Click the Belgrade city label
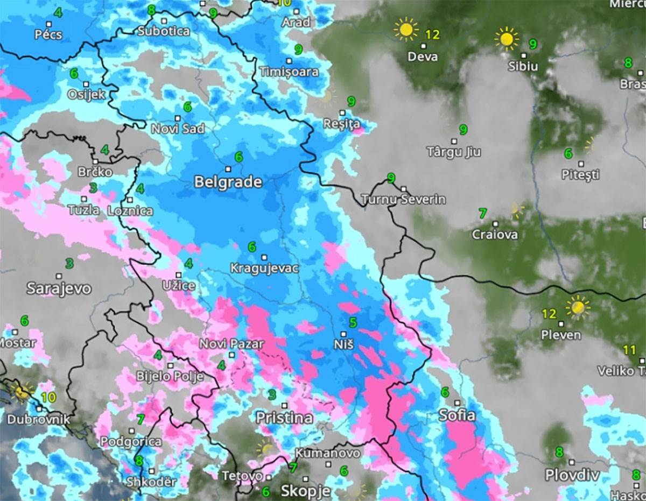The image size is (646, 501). tap(228, 182)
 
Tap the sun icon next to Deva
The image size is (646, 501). tap(405, 29)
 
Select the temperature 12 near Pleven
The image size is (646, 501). tap(549, 313)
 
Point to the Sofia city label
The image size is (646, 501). tap(457, 415)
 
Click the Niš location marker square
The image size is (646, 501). tap(343, 334)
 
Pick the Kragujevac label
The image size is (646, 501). tap(264, 268)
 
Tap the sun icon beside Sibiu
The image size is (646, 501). tap(507, 39)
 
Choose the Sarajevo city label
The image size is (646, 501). tap(59, 288)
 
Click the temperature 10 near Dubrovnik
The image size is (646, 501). tap(48, 397)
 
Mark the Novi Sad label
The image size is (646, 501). tap(178, 129)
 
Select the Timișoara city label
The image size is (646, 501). tap(289, 72)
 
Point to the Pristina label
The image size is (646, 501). tap(284, 417)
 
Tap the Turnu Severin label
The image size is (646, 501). tap(403, 199)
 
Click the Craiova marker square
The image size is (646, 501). tap(495, 224)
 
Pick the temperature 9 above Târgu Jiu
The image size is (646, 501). tap(463, 129)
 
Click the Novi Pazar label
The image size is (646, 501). tap(231, 343)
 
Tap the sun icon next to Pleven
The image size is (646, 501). tap(578, 307)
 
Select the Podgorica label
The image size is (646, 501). tap(131, 441)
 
